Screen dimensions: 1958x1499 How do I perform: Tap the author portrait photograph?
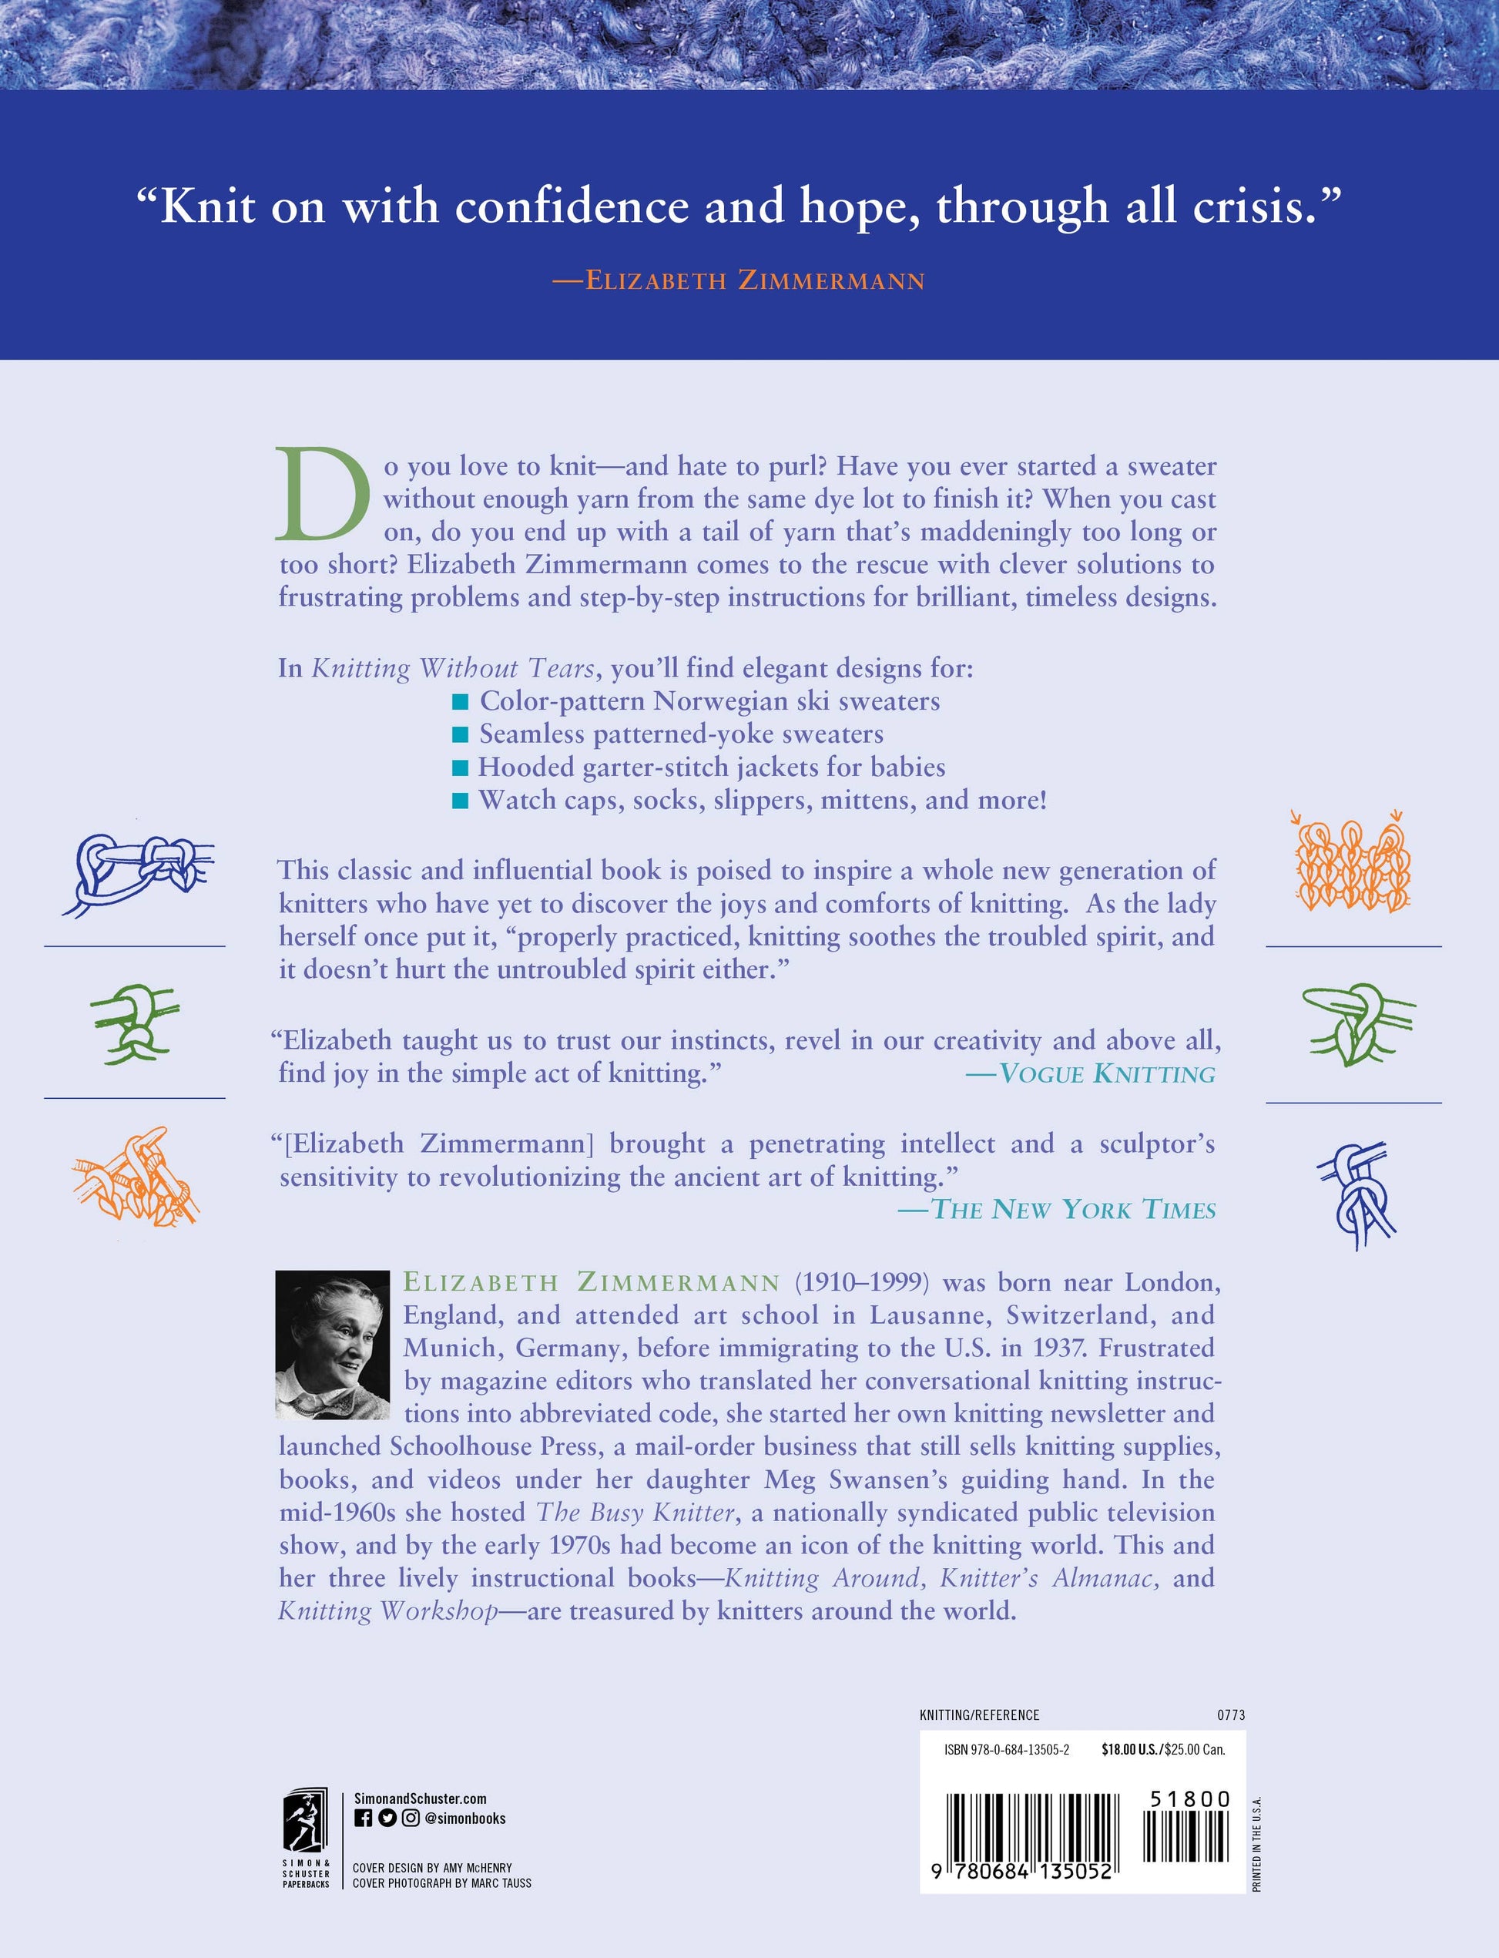point(333,1344)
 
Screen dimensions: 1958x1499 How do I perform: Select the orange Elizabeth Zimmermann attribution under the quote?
point(739,281)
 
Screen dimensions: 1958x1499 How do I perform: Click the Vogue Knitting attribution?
point(1090,1073)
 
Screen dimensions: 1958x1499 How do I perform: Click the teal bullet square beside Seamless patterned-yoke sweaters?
point(461,734)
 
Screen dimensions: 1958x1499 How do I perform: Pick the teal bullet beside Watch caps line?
point(461,801)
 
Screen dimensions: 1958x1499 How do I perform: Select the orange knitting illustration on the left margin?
point(136,1174)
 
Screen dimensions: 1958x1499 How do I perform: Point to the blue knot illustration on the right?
point(1354,1193)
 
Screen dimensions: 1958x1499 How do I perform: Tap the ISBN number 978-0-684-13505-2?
point(1007,1750)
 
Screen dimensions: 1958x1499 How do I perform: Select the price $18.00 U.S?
point(1131,1750)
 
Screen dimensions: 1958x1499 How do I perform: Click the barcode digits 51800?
point(1189,1799)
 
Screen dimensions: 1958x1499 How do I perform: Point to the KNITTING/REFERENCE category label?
point(979,1715)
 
